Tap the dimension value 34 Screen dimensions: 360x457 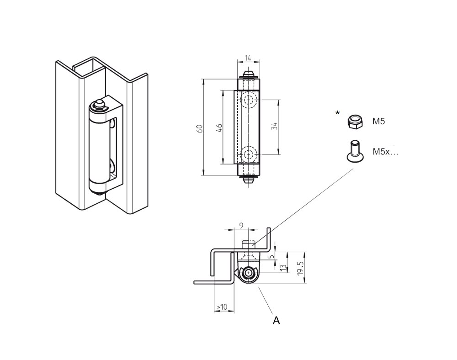pyautogui.click(x=274, y=127)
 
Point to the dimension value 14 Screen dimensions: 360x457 pyautogui.click(x=248, y=58)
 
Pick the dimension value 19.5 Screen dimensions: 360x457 pyautogui.click(x=300, y=268)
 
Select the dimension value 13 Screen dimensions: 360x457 pyautogui.click(x=283, y=267)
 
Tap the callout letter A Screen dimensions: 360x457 pyautogui.click(x=276, y=321)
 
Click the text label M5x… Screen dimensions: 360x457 pyautogui.click(x=385, y=152)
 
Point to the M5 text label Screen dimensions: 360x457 pyautogui.click(x=379, y=122)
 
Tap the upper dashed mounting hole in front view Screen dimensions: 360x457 pyautogui.click(x=249, y=101)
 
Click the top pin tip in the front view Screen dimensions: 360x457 pyautogui.click(x=248, y=74)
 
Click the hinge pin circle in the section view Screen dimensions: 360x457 pyautogui.click(x=249, y=273)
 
